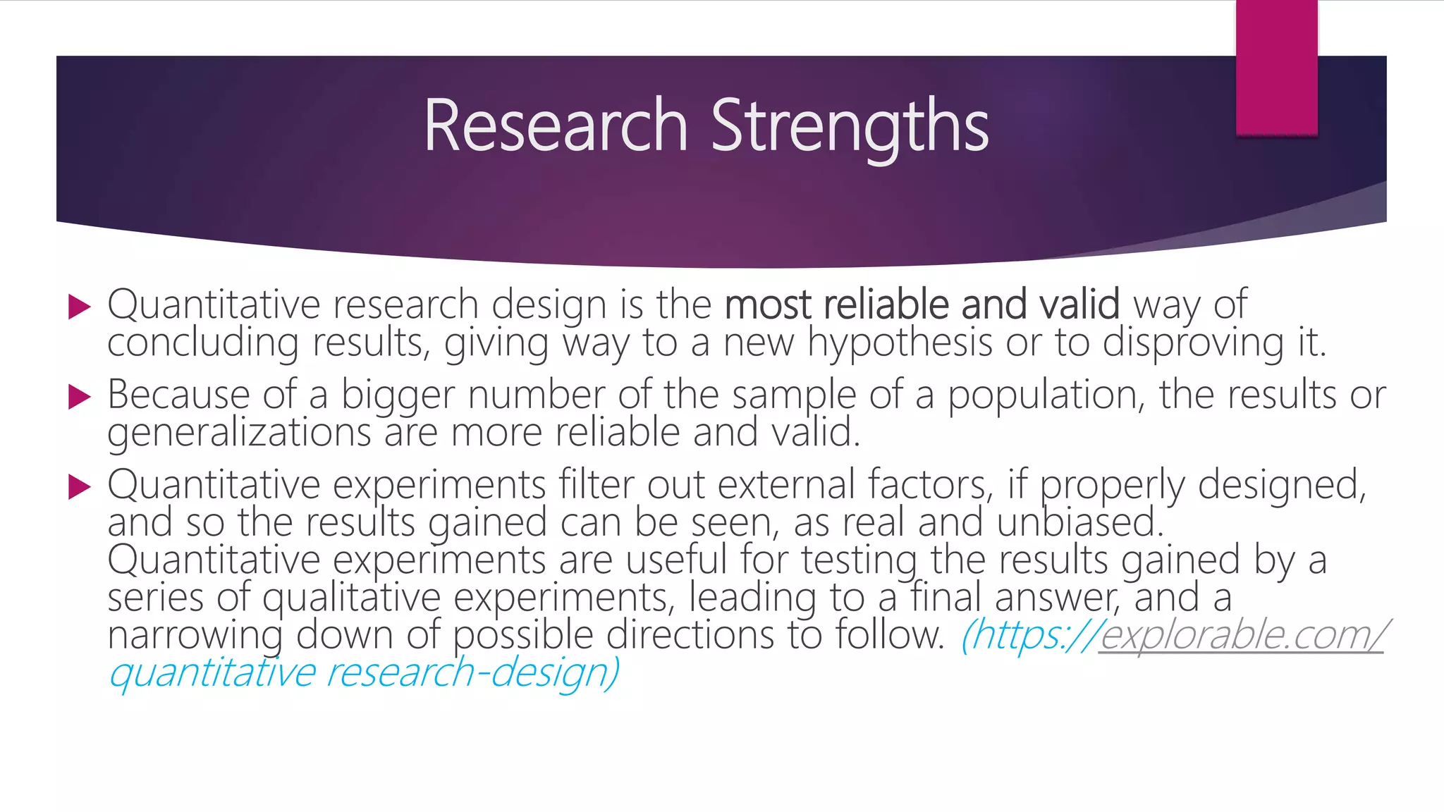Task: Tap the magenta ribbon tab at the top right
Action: [x=1276, y=68]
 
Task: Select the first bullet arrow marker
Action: [x=80, y=307]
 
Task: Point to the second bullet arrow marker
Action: [x=80, y=397]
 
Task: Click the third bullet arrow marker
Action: [x=80, y=486]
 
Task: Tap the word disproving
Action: [x=1193, y=343]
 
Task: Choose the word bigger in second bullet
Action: [x=398, y=395]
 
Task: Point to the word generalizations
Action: [x=239, y=432]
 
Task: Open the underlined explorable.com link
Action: [x=1241, y=635]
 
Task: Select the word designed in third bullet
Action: [x=1282, y=485]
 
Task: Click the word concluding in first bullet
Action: [x=202, y=343]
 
